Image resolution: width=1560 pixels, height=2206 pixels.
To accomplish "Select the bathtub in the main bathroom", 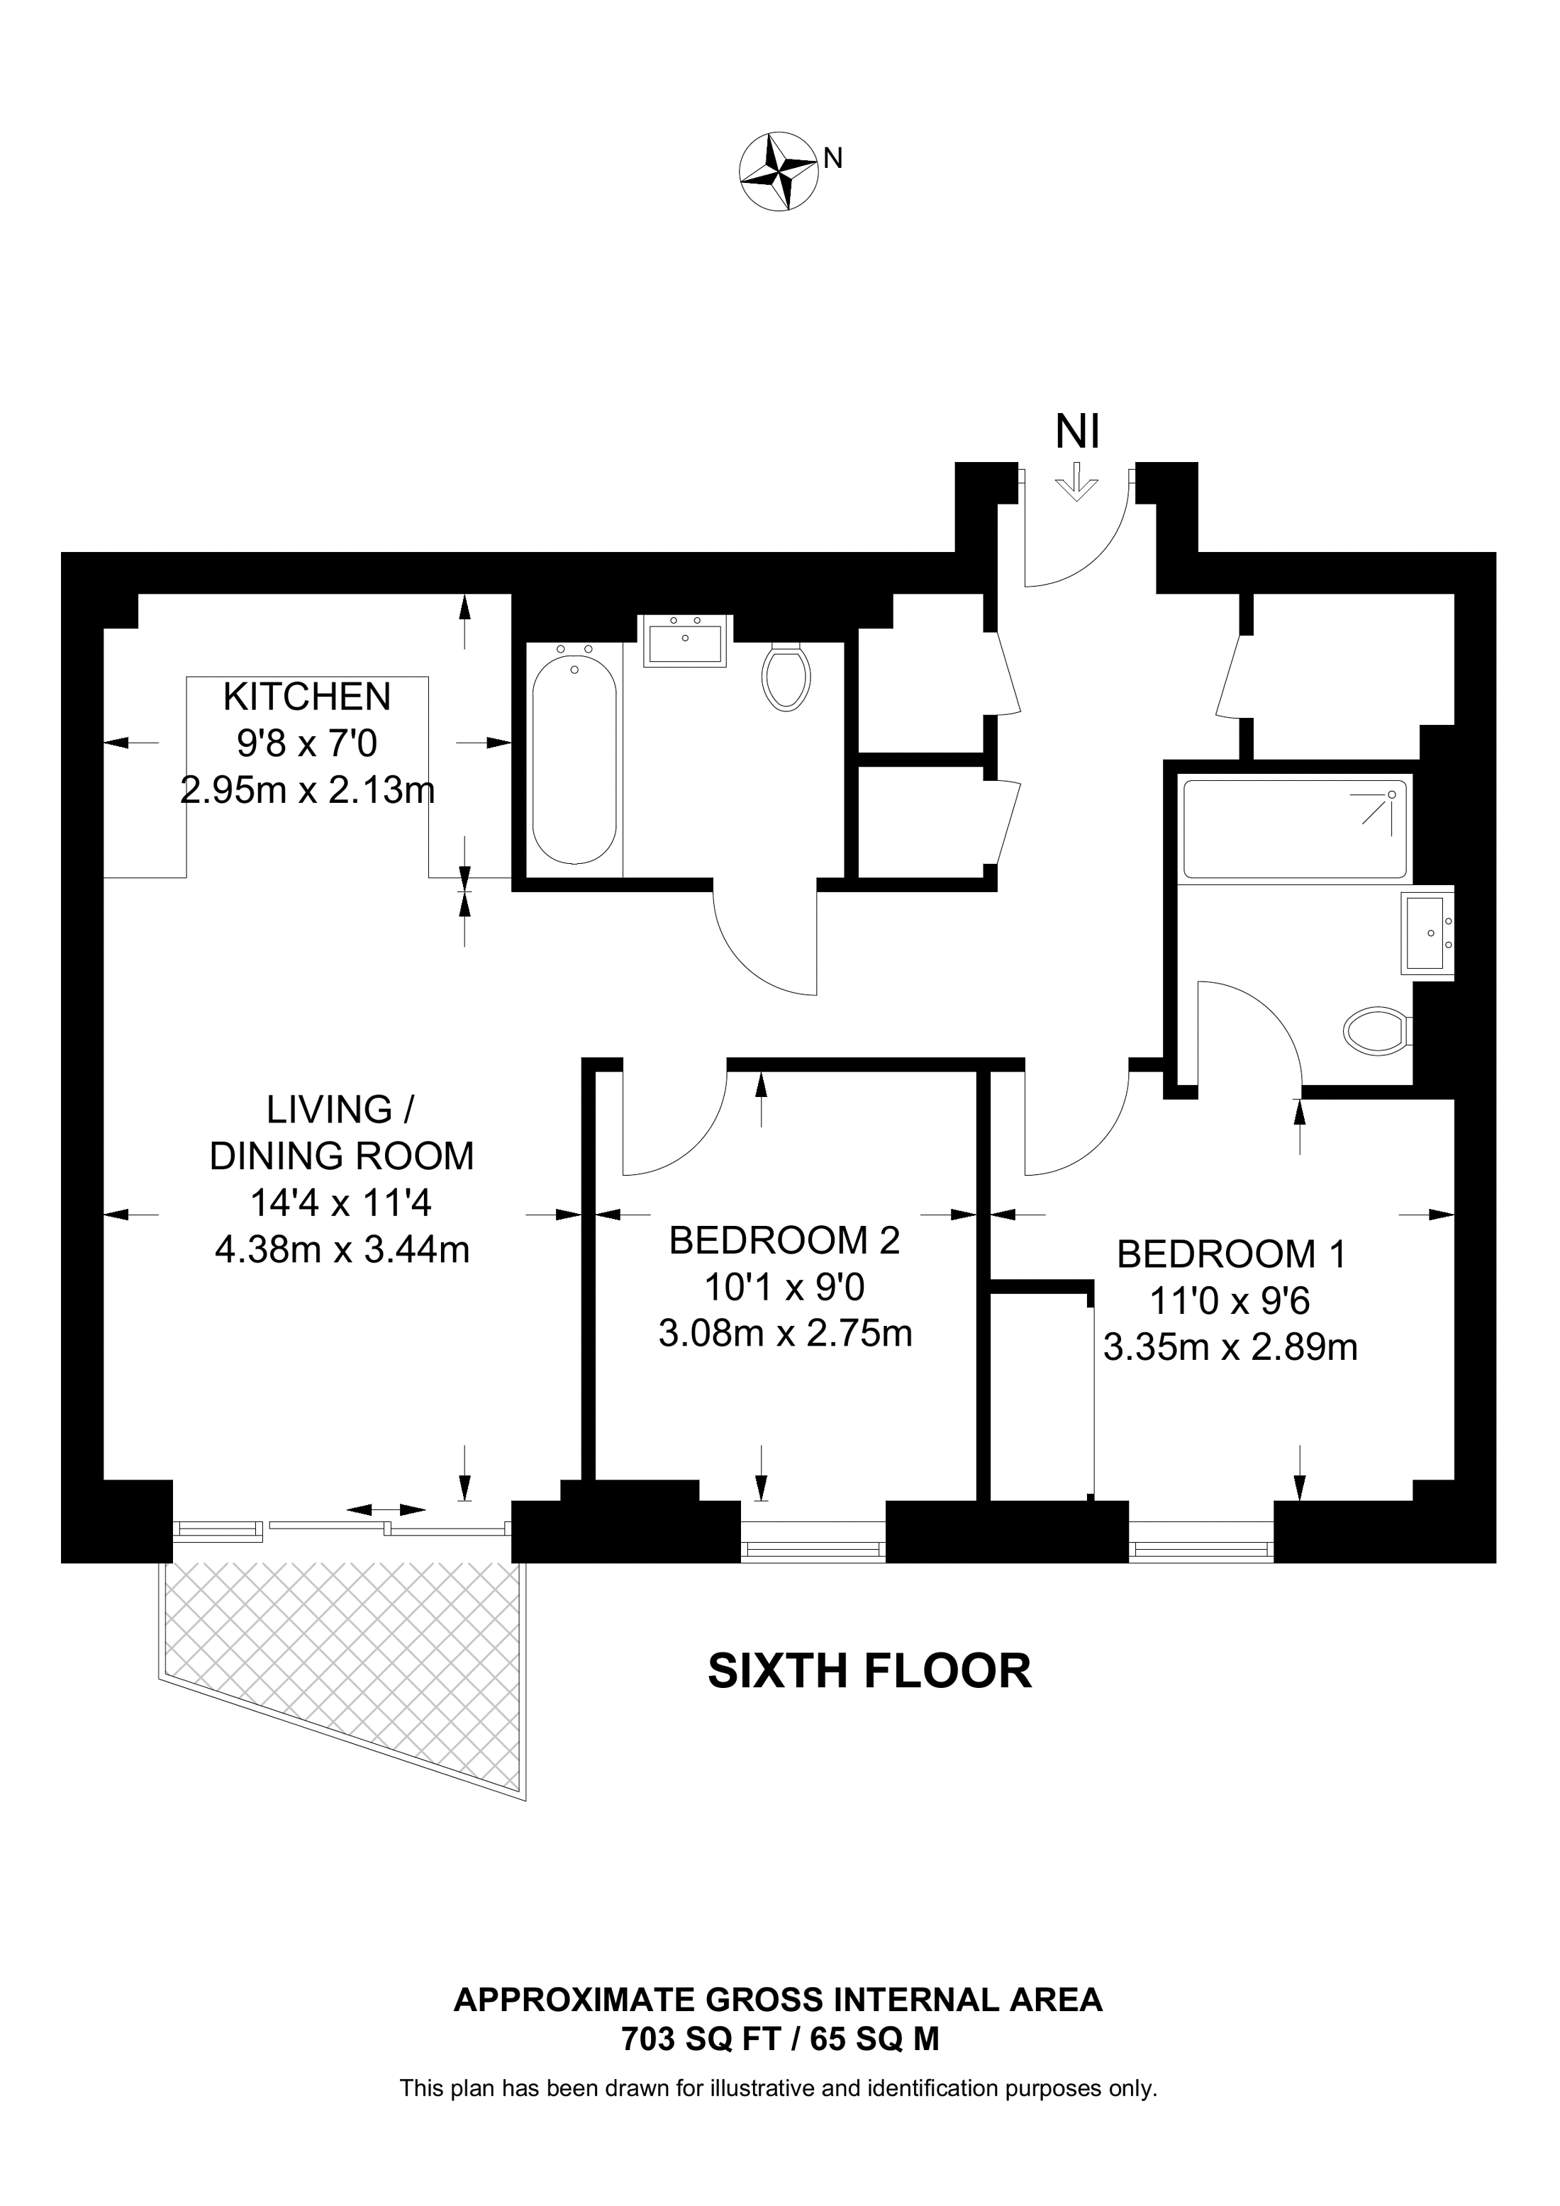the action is pos(575,755).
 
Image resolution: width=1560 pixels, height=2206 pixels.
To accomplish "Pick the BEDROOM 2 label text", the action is pos(784,1240).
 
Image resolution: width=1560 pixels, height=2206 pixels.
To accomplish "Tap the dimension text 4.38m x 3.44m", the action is pos(342,1250).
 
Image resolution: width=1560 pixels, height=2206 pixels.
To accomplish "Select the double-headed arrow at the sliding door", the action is pos(386,1510).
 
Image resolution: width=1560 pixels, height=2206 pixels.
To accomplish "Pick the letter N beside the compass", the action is pos(833,159).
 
